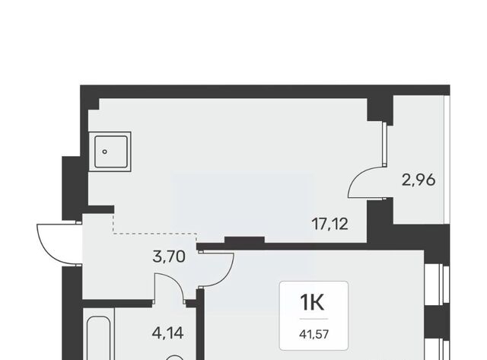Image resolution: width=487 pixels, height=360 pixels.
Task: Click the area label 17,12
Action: coord(329,225)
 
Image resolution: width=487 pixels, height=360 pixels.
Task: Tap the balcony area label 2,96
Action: coord(419,180)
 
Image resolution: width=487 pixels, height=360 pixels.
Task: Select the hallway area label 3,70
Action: coord(169,257)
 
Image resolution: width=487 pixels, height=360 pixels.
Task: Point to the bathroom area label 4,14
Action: coord(167,333)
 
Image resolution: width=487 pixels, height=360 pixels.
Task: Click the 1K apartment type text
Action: coord(312,302)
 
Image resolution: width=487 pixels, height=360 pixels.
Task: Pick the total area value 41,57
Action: coord(314,335)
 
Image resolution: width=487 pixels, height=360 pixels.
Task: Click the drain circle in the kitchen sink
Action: coord(105,151)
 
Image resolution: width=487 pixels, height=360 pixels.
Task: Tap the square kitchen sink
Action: coord(110,151)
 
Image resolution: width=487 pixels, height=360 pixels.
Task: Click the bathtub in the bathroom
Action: coord(99,338)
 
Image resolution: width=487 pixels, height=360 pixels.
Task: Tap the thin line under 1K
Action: coord(314,319)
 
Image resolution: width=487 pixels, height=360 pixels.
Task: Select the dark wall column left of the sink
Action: coord(72,188)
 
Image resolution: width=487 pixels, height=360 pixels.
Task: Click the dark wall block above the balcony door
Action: coord(380,110)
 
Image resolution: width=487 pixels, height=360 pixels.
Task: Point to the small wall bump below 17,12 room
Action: coord(244,240)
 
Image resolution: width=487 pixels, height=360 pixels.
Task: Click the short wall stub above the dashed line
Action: coord(101,209)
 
